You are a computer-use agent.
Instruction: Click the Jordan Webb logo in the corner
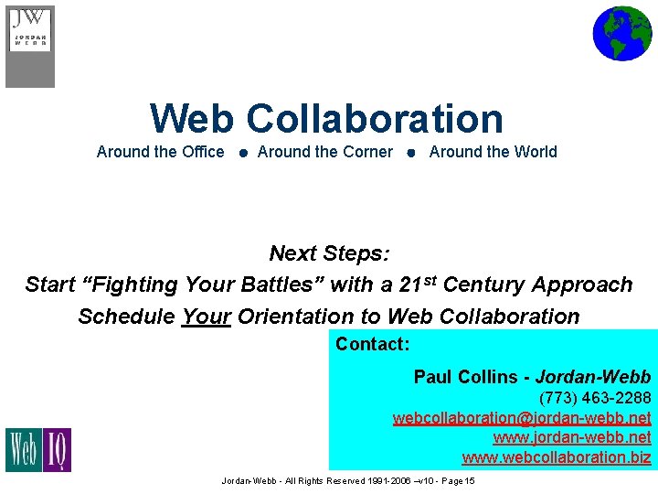[x=30, y=46]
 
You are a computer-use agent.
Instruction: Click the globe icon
[x=621, y=33]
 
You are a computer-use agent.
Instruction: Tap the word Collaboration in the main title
[x=375, y=119]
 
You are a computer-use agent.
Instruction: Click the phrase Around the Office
[x=160, y=152]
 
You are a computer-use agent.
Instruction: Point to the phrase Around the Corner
[x=325, y=152]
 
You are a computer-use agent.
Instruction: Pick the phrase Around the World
[x=493, y=152]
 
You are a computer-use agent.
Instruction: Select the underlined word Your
[x=207, y=317]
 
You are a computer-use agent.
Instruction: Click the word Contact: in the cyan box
[x=372, y=345]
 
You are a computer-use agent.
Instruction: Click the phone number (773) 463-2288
[x=595, y=398]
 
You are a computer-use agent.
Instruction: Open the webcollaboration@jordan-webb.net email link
[x=522, y=418]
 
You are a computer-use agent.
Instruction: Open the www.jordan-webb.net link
[x=572, y=437]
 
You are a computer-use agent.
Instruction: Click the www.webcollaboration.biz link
[x=557, y=457]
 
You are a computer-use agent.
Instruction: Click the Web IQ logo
[x=38, y=449]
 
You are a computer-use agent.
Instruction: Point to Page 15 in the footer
[x=457, y=481]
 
